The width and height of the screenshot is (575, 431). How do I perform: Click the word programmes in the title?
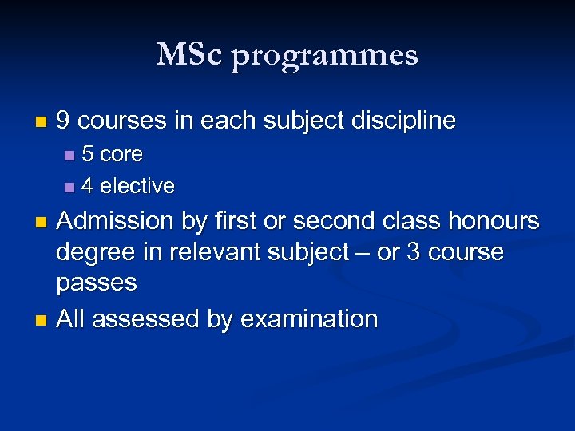324,57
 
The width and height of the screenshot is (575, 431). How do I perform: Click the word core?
121,153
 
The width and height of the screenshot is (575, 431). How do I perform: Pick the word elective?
137,186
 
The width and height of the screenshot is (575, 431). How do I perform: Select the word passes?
97,283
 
